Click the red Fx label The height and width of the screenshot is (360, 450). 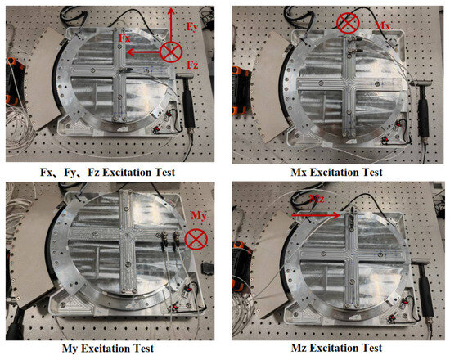[124, 38]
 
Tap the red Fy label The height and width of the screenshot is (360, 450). [192, 27]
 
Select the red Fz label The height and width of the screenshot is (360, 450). [192, 65]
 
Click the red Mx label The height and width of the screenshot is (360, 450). [383, 26]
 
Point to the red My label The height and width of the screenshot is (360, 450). [199, 216]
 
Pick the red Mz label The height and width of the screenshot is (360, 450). [317, 199]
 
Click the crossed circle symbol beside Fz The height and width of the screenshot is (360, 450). [171, 52]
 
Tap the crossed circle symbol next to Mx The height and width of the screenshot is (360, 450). [348, 22]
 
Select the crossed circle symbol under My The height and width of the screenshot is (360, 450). [196, 239]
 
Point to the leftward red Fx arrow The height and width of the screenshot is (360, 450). [143, 52]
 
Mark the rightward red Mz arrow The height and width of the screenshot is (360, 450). [316, 215]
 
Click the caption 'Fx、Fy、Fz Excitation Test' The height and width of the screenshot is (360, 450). [108, 173]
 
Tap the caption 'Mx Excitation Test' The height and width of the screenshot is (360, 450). [336, 173]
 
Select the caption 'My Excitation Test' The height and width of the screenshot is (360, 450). [108, 349]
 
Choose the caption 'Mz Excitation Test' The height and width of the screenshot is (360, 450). [336, 348]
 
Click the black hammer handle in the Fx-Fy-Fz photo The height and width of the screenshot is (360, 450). [189, 106]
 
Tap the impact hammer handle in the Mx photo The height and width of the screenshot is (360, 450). [423, 112]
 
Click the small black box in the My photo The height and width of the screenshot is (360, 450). [207, 268]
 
